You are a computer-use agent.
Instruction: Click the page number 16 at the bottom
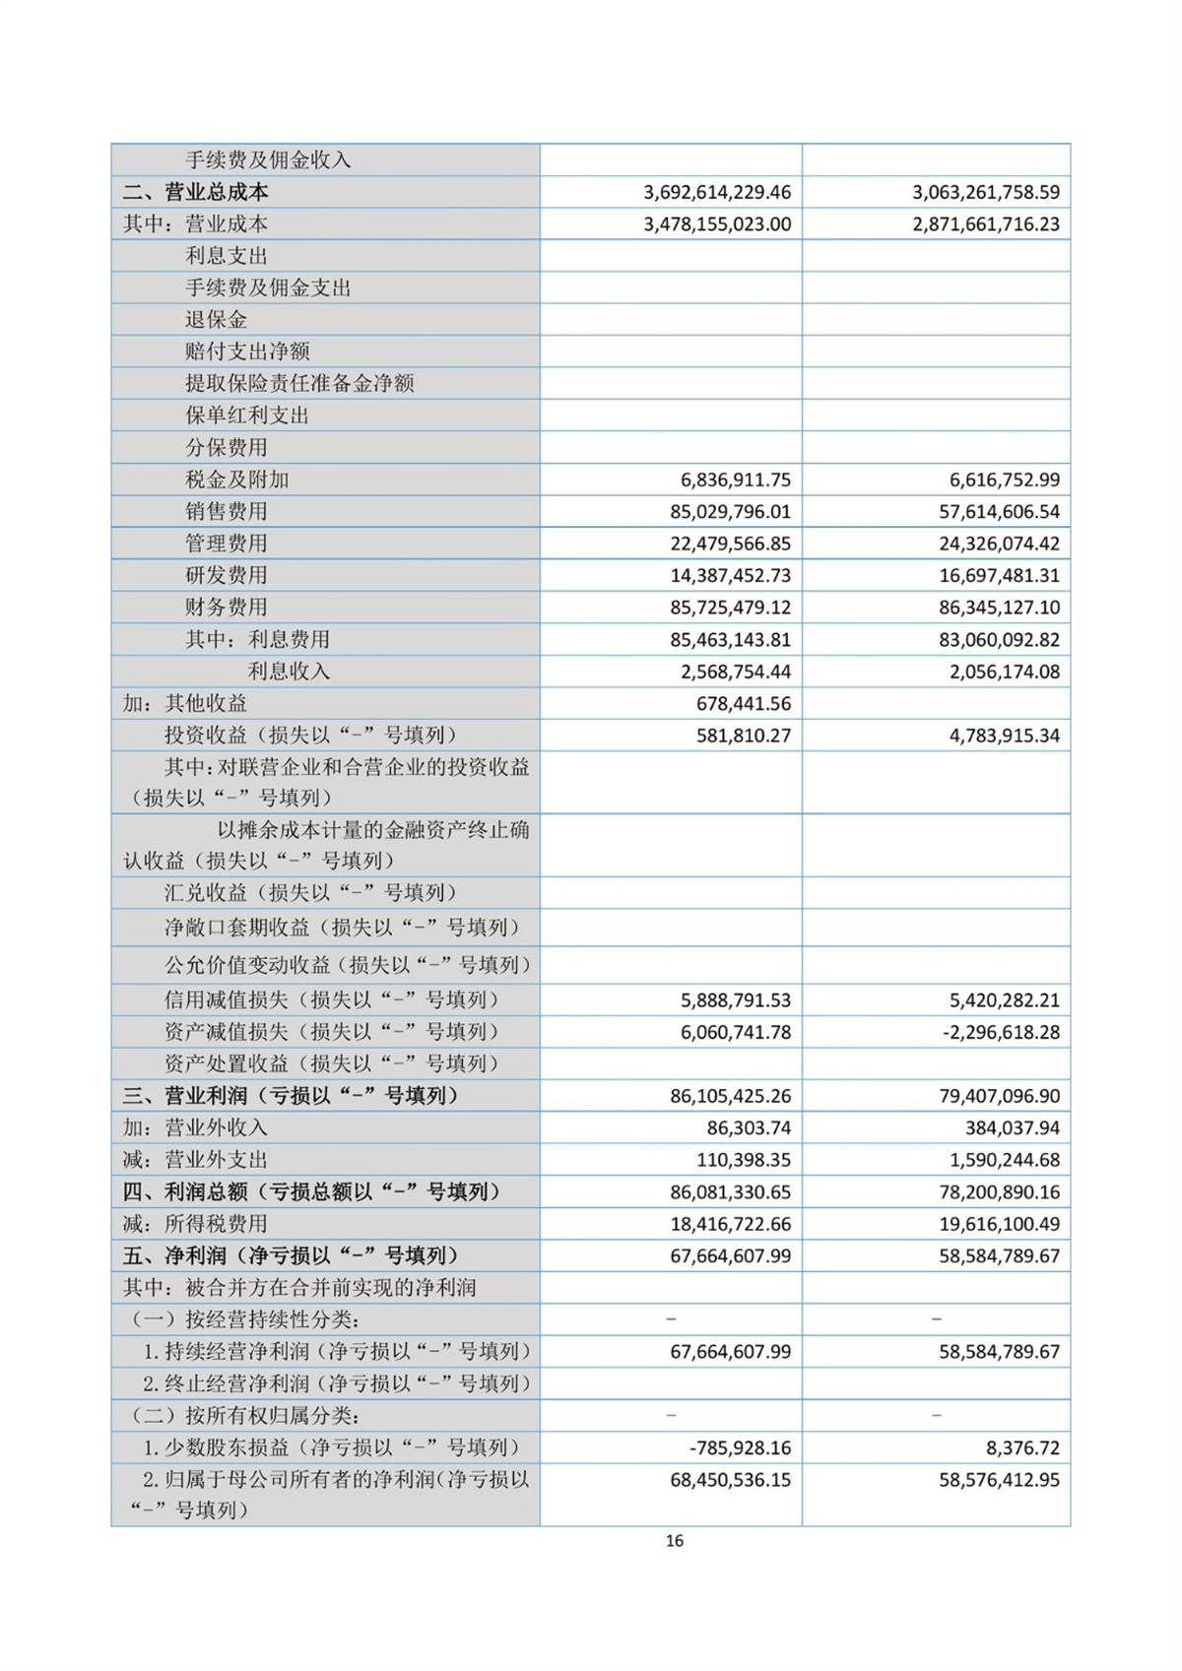coord(674,1541)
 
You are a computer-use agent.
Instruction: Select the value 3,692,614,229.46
coord(717,192)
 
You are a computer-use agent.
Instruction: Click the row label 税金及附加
coord(237,480)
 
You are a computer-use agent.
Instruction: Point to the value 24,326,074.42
coord(999,544)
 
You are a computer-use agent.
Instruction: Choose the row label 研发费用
coord(227,575)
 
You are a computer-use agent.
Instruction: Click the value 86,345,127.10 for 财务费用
coord(999,608)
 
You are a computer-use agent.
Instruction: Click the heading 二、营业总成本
coord(195,192)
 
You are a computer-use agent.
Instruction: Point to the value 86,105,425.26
coord(730,1096)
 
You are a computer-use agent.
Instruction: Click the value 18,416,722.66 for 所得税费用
coord(730,1224)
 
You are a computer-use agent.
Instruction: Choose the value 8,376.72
coord(1018,1448)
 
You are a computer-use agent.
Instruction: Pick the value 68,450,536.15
coord(730,1480)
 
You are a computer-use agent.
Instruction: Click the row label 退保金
coord(217,320)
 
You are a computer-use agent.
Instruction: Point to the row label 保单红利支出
coord(247,416)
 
